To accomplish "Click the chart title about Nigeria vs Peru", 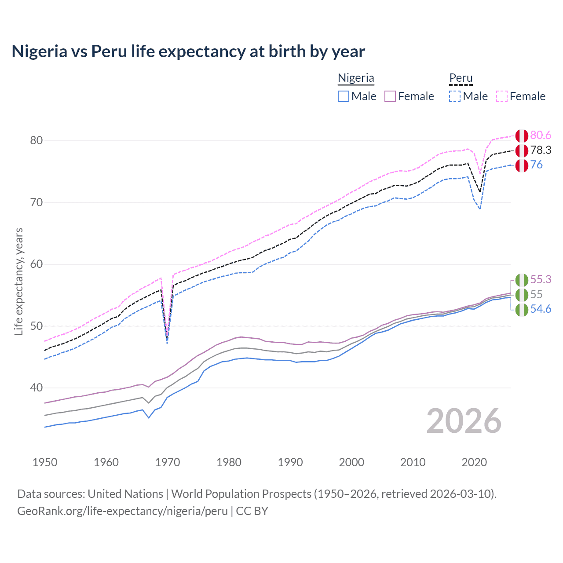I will (188, 51).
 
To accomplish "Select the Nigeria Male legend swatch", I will (344, 96).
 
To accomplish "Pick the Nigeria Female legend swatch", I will (390, 96).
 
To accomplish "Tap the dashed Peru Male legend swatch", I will (455, 96).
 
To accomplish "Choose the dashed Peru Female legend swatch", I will (502, 96).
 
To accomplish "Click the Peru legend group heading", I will (461, 78).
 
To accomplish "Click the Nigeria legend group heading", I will (356, 78).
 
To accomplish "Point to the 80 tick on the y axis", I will (37, 141).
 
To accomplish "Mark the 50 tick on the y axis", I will (37, 326).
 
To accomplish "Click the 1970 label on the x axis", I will (168, 462).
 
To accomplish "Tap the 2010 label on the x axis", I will (413, 462).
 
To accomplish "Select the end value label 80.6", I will (541, 135).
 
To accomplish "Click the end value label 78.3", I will (541, 150).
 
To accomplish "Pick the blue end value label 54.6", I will (541, 309).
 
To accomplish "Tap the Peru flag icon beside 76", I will (522, 165).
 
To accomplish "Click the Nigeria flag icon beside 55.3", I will (522, 280).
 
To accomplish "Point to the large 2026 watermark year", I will (464, 421).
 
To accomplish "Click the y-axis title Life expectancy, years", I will (19, 281).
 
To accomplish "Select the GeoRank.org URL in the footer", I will (122, 511).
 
